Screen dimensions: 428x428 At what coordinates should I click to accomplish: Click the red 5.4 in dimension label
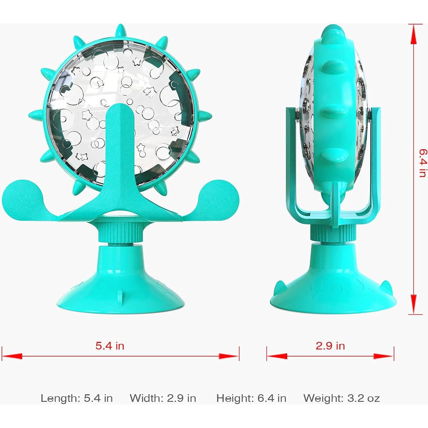pos(110,346)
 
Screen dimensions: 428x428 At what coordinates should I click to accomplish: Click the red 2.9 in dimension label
pos(330,346)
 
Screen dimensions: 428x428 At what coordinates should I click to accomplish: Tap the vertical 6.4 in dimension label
pos(422,163)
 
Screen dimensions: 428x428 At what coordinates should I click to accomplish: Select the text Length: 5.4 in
pos(77,398)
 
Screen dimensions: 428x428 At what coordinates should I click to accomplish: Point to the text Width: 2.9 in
pos(163,398)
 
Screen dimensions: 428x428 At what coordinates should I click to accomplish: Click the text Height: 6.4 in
pos(251,398)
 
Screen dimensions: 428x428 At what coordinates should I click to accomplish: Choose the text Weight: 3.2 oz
pos(342,398)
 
